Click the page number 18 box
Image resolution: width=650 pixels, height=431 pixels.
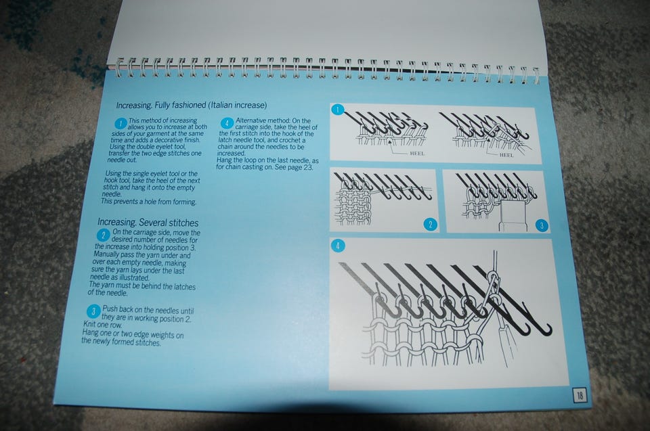[580, 395]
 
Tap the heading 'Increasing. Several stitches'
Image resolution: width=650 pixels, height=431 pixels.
[148, 223]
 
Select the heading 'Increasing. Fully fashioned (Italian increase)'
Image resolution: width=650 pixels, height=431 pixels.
[192, 106]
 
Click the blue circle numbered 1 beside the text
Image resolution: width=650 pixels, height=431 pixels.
[121, 124]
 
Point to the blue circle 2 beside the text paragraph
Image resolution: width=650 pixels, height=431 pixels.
[103, 235]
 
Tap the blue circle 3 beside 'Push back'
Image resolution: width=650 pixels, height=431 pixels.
[93, 311]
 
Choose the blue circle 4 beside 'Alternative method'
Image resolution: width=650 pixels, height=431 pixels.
[227, 123]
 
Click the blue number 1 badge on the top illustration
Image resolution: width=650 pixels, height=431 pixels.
[338, 110]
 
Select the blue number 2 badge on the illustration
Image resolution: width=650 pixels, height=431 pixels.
[431, 225]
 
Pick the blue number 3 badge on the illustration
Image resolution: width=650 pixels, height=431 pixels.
[542, 226]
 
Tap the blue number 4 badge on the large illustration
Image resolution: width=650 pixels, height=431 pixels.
[338, 246]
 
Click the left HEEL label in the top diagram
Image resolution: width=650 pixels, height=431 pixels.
[417, 154]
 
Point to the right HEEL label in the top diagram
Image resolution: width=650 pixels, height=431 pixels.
[506, 155]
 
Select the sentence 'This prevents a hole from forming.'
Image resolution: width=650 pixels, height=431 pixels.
[148, 202]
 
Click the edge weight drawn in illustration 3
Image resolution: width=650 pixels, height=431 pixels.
[514, 215]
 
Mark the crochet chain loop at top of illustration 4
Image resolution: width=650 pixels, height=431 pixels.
[492, 281]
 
